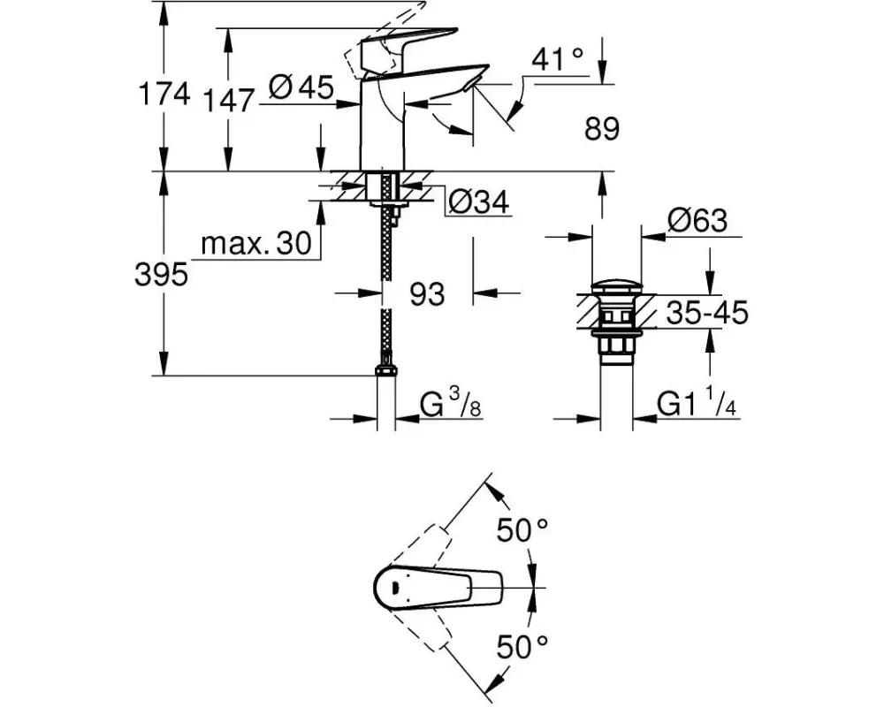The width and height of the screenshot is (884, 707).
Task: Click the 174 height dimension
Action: (164, 93)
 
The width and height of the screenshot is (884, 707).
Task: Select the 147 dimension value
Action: (228, 101)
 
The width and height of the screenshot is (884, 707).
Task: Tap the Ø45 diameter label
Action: (301, 87)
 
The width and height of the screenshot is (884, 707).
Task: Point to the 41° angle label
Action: (558, 58)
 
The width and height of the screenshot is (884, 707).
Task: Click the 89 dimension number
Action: (601, 128)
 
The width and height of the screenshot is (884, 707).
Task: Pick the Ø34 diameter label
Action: (478, 201)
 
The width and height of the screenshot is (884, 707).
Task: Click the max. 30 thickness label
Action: (256, 244)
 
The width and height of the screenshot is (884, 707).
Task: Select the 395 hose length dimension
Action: (161, 275)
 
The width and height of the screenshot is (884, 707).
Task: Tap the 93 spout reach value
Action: (427, 293)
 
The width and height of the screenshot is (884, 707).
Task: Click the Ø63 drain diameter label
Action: (697, 220)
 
